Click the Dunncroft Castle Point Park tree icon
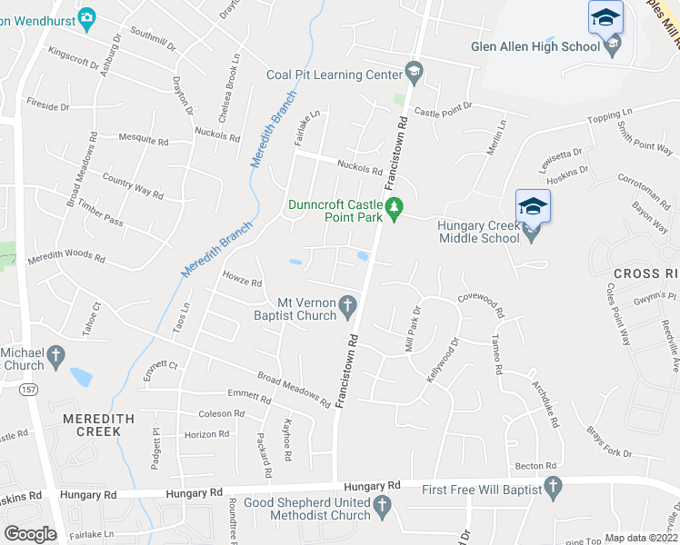(394, 210)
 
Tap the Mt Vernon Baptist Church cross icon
(348, 308)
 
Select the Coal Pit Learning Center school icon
(414, 72)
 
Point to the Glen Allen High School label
(535, 46)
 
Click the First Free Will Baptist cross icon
(551, 490)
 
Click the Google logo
(30, 533)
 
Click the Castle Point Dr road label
(444, 110)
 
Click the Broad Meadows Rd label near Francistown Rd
(293, 387)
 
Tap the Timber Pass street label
(100, 214)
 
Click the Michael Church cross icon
(55, 357)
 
